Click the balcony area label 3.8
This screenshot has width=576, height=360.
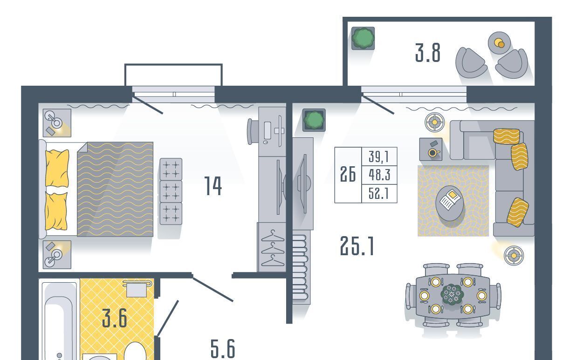point(428,53)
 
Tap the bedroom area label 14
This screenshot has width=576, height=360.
point(213,186)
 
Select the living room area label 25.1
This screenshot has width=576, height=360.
point(357,246)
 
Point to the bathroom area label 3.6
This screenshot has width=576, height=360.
point(115,318)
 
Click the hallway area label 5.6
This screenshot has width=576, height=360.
point(223,349)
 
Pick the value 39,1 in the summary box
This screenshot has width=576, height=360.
point(379,156)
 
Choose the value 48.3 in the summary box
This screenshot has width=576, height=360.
point(379,175)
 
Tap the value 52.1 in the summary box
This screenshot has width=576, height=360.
point(379,193)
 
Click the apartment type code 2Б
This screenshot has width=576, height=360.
point(348,174)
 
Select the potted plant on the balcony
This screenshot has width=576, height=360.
point(363,38)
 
